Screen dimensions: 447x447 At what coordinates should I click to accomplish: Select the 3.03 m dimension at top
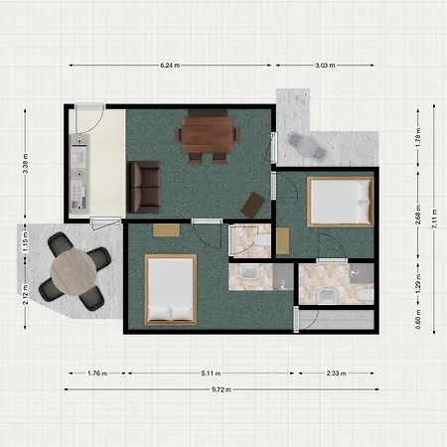(x=325, y=66)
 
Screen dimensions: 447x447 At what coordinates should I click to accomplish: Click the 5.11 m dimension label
(x=210, y=373)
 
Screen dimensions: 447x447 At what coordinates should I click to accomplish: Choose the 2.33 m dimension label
(x=336, y=373)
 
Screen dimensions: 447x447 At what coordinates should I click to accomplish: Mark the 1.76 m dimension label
(x=96, y=373)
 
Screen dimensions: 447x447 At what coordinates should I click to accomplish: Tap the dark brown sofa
(x=144, y=187)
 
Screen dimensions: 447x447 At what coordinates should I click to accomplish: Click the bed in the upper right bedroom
(x=338, y=202)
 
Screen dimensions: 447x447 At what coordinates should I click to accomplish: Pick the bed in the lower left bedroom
(x=171, y=289)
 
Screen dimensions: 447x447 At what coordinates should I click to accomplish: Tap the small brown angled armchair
(x=254, y=203)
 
